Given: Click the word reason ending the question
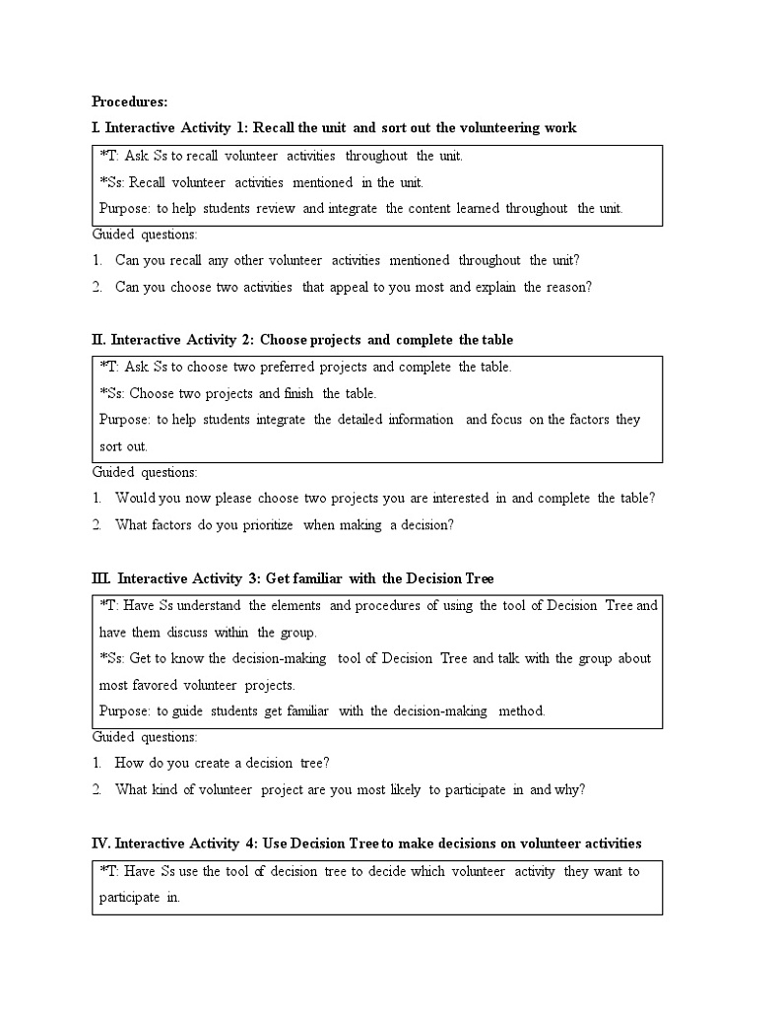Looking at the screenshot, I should [568, 287].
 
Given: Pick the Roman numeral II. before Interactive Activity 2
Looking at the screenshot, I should [98, 339].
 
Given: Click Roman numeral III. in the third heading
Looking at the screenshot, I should [101, 578].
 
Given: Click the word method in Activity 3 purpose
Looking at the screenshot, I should [521, 709].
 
